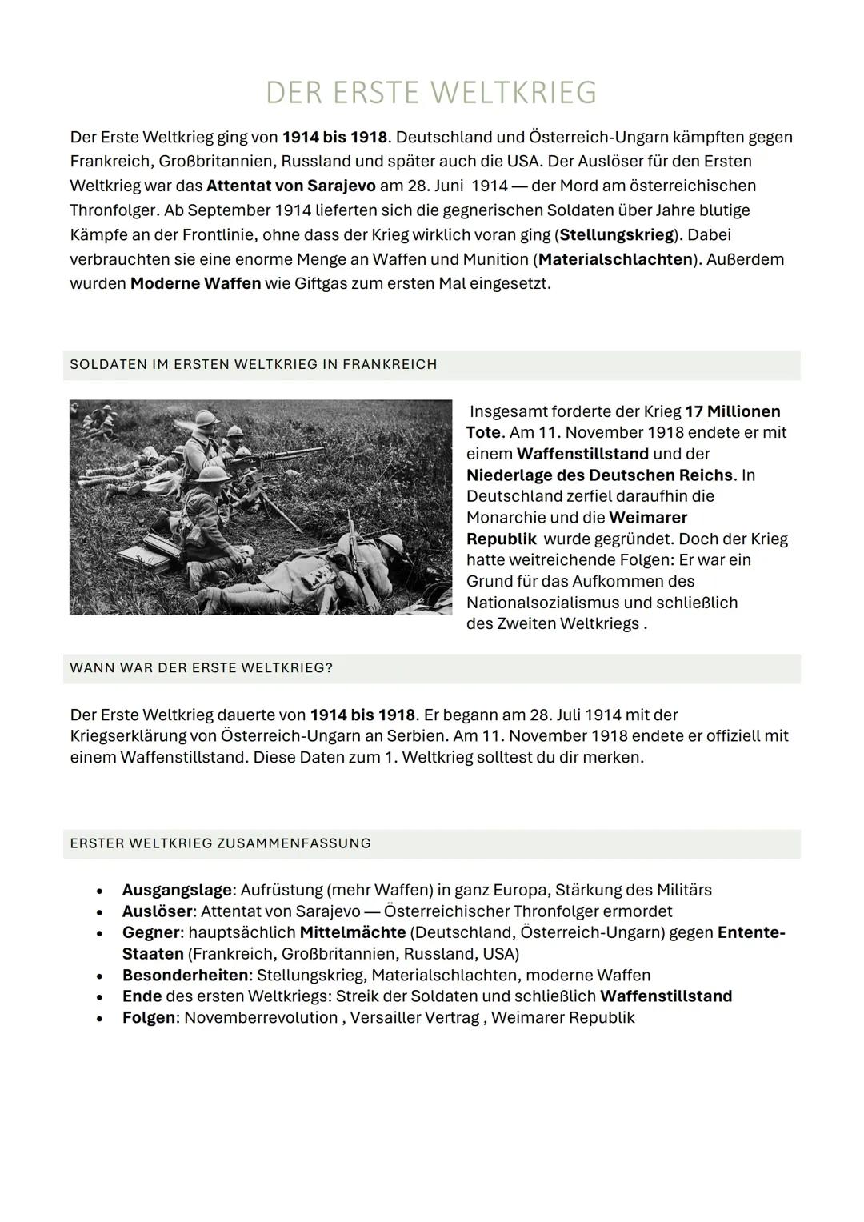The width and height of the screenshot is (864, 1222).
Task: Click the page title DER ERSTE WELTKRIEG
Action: (431, 93)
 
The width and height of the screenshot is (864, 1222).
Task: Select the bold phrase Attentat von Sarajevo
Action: (290, 186)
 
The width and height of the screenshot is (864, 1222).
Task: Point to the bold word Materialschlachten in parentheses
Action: (615, 259)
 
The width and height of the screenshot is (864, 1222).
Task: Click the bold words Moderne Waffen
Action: (195, 284)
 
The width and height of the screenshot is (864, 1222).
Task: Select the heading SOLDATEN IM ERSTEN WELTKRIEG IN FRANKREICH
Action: (253, 365)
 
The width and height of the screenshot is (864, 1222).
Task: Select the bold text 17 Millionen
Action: (732, 411)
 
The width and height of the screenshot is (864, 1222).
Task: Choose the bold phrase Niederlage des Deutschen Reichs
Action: (599, 475)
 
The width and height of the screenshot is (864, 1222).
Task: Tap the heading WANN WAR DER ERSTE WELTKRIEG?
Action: (201, 668)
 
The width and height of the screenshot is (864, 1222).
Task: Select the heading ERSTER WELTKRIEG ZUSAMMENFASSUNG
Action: (220, 843)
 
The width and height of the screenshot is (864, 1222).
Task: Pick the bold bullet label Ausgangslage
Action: (176, 890)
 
